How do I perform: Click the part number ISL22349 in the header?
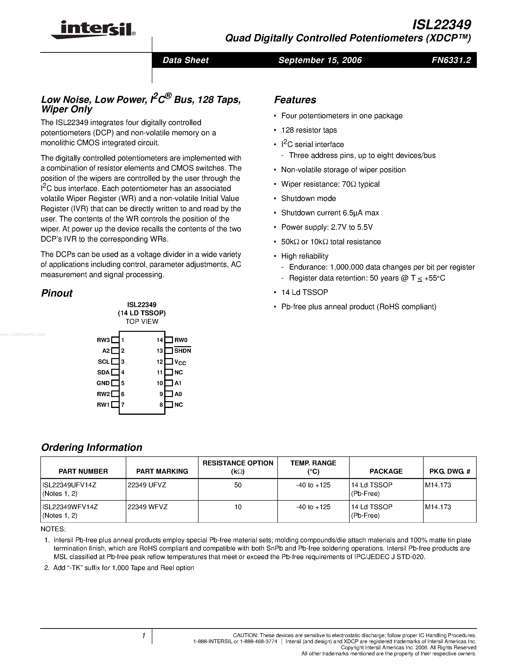tap(442, 25)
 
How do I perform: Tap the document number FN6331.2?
tap(451, 60)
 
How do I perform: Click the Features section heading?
tap(295, 100)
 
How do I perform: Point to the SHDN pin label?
tap(182, 351)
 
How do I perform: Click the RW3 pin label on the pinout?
tap(103, 340)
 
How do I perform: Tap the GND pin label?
tap(103, 383)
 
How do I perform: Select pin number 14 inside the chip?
tap(160, 340)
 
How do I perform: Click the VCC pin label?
tap(180, 362)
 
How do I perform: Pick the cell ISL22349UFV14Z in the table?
tap(70, 485)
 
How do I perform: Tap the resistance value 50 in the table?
tap(238, 485)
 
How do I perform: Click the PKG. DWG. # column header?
tap(449, 471)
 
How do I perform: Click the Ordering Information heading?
tap(91, 448)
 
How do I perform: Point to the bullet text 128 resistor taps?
tap(309, 130)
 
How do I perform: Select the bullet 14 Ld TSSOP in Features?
tap(304, 292)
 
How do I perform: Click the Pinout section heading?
tap(57, 293)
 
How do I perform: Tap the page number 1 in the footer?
tap(143, 636)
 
